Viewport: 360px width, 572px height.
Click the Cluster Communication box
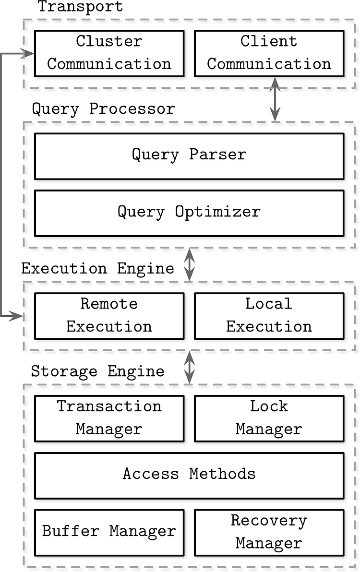109,53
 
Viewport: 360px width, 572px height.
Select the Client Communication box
269,53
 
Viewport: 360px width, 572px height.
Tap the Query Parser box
189,156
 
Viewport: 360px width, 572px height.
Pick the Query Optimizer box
189,213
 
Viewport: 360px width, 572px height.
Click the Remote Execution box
109,316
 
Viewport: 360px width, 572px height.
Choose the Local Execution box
269,316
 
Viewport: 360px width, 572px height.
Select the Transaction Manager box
109,418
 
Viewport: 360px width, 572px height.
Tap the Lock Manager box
269,418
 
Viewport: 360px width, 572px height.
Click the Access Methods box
189,476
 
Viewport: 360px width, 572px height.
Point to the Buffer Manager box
109,533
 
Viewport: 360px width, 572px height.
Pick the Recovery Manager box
269,533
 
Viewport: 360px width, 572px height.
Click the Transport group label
81,7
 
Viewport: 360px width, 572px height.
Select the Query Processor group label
104,109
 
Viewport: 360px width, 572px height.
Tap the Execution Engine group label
98,269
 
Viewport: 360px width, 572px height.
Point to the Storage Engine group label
98,371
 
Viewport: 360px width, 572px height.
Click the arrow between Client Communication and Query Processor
275,99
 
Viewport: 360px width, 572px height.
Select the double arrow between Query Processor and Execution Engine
189,264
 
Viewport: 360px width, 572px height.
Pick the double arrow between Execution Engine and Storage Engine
189,368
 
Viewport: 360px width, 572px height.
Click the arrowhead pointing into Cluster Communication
28,54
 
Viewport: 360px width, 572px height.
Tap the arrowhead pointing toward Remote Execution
17,316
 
